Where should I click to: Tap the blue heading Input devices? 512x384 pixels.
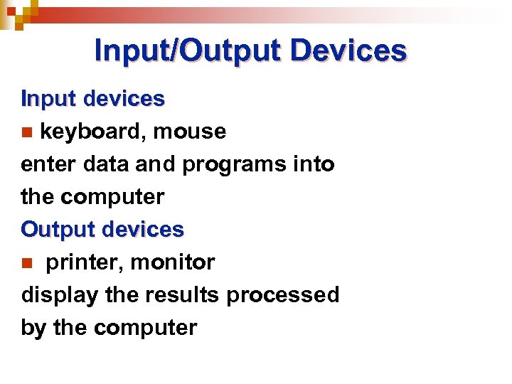pyautogui.click(x=93, y=99)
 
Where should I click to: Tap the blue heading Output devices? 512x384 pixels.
pyautogui.click(x=102, y=230)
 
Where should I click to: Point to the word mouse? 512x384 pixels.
pyautogui.click(x=190, y=132)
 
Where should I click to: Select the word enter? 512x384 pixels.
pyautogui.click(x=48, y=164)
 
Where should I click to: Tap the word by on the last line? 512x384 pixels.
pyautogui.click(x=33, y=328)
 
